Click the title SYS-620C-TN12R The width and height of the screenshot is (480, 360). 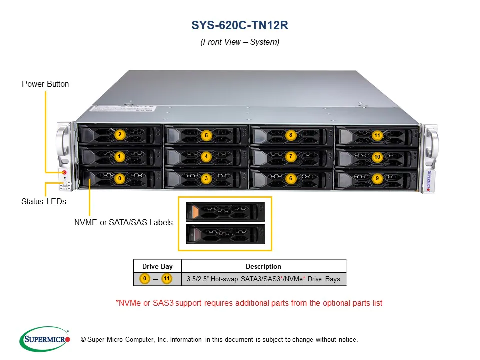pos(240,25)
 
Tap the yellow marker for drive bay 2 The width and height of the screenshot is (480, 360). pos(119,135)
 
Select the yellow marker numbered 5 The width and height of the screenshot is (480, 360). pos(206,135)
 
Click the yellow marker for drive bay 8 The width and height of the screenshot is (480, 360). pos(291,135)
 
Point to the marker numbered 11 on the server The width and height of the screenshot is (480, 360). pos(377,135)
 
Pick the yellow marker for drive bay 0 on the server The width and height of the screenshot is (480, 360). pos(119,178)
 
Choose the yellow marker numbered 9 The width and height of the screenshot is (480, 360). pos(377,178)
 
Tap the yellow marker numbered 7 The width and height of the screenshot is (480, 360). pos(291,157)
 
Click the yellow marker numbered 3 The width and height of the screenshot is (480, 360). pos(206,178)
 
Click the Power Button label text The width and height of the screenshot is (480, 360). pos(45,84)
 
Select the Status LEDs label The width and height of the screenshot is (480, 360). pos(44,202)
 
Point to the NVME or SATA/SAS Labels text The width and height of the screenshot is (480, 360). pos(123,222)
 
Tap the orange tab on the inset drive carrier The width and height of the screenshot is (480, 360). pos(193,212)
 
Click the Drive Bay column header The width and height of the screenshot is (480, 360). pos(157,266)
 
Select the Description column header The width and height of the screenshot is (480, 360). pos(263,266)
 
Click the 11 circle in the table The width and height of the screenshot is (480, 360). pos(167,279)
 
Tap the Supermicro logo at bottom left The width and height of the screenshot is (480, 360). pos(45,339)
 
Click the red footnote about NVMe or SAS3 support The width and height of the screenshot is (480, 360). pos(249,303)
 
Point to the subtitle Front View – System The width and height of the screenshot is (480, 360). pos(240,42)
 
